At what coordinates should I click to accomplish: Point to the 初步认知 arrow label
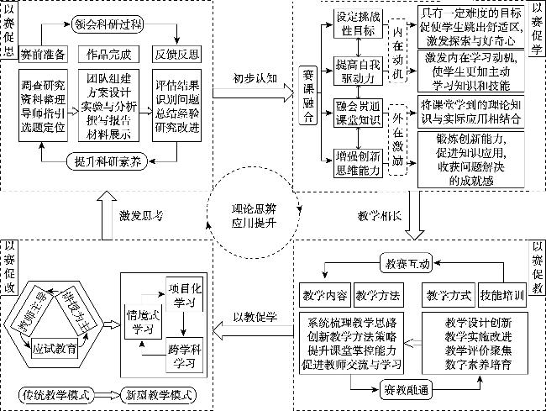254,77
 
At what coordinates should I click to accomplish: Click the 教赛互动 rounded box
407,263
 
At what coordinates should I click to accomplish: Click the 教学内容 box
323,295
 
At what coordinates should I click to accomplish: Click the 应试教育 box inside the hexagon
54,345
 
